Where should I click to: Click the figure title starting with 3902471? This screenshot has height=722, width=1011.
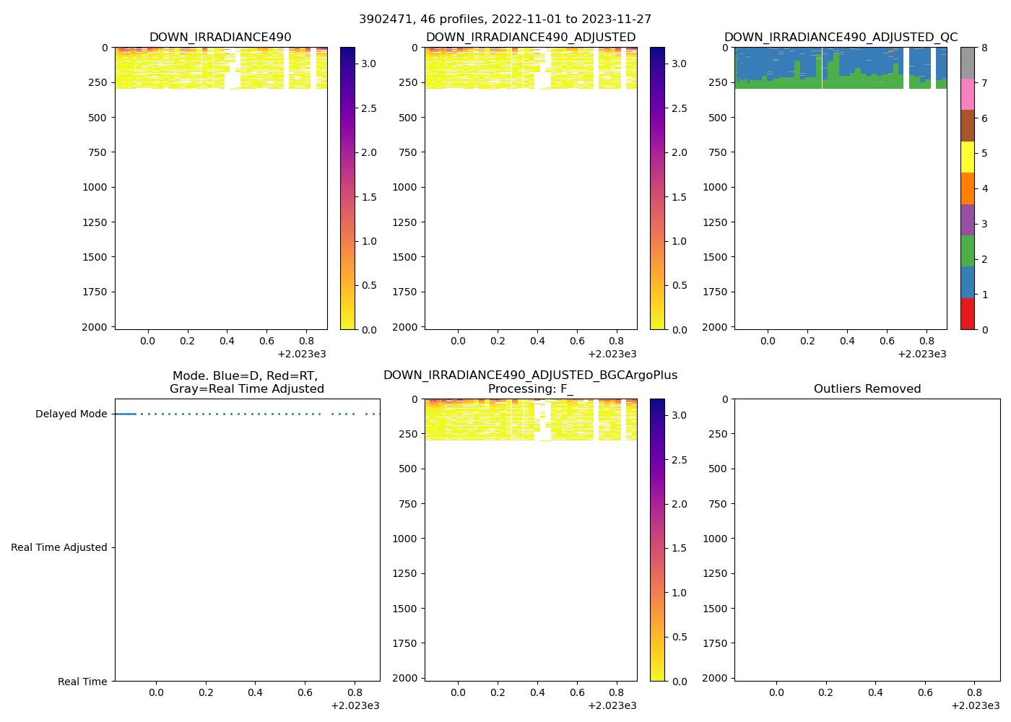coord(505,19)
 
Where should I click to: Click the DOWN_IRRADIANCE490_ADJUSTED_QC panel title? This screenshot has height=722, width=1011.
coord(841,38)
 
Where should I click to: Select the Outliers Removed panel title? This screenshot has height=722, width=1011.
coord(867,389)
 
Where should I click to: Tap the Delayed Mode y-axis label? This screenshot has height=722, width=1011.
coord(71,414)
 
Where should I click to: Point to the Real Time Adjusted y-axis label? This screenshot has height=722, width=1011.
coord(58,548)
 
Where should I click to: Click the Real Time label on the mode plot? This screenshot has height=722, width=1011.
coord(82,682)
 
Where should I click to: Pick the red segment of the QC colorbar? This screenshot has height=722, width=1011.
coord(967,314)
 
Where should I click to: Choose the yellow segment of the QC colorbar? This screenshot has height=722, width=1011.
coord(967,157)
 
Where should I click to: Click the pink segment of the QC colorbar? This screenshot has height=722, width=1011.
coord(967,95)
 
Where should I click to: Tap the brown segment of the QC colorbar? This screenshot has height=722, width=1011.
coord(967,126)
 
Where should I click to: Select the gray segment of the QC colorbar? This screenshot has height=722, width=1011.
coord(967,63)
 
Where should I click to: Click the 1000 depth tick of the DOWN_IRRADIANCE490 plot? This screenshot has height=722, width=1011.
coord(95,188)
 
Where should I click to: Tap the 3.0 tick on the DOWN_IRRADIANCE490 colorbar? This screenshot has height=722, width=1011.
coord(368,64)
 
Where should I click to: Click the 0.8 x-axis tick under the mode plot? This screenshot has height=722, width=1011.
coord(355,693)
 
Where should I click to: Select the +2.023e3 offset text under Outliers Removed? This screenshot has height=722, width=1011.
coord(975,705)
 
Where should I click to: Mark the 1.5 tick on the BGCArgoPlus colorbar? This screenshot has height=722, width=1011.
coord(679,549)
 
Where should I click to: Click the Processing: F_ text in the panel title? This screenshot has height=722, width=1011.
coord(530,389)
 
